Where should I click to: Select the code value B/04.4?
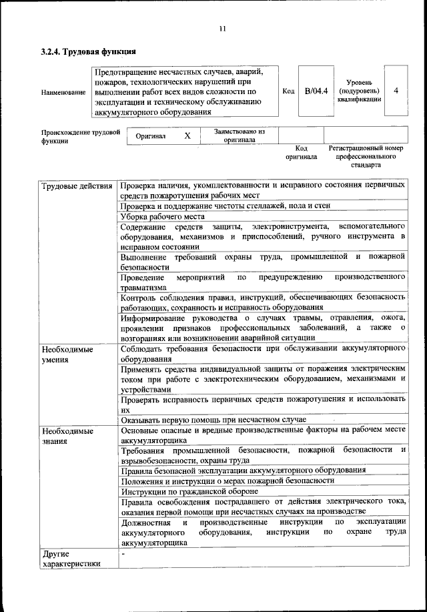(x=316, y=91)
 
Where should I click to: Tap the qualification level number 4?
(x=396, y=91)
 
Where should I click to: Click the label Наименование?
(x=63, y=91)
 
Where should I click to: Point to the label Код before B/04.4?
(x=288, y=91)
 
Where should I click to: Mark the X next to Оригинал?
(x=187, y=135)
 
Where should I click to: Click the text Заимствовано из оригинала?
(x=240, y=136)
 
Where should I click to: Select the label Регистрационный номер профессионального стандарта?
(x=366, y=156)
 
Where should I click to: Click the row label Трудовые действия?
(x=76, y=185)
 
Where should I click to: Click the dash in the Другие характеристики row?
(x=123, y=554)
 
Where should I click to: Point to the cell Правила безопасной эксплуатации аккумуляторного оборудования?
(x=243, y=471)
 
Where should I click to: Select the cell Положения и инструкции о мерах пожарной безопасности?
(x=228, y=481)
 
